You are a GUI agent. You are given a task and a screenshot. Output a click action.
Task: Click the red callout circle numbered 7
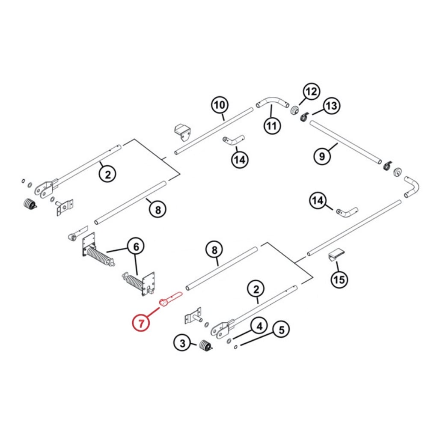pos(141,322)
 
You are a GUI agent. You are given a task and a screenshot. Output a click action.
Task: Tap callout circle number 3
pos(182,343)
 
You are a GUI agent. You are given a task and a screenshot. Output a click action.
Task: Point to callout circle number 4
pos(259,327)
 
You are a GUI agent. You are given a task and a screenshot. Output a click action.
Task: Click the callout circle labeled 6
pos(136,247)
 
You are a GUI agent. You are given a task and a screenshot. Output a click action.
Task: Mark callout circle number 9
pos(322,156)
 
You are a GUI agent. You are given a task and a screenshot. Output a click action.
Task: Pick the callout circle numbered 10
pos(219,105)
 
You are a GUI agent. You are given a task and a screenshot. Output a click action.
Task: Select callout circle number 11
pos(272,125)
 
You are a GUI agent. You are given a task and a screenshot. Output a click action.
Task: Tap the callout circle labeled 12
pos(311,91)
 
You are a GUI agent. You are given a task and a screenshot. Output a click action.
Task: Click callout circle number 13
pos(331,106)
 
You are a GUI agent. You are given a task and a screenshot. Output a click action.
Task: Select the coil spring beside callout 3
pos(205,345)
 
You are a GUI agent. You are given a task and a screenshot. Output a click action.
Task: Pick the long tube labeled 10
pos(214,131)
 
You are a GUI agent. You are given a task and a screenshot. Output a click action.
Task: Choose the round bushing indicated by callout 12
pos(294,111)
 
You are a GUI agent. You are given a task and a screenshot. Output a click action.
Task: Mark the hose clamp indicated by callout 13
pos(304,116)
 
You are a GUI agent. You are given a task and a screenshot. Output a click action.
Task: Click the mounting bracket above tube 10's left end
pos(183,131)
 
